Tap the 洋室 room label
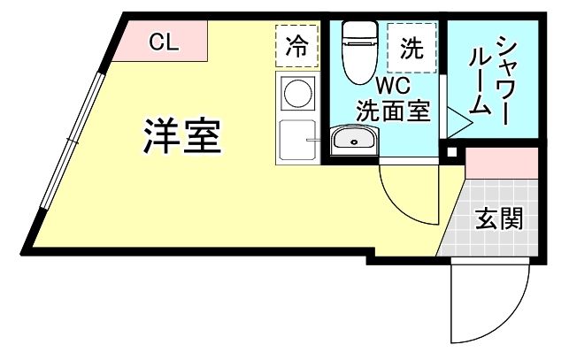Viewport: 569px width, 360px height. (183, 135)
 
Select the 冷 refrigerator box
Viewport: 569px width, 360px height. (296, 46)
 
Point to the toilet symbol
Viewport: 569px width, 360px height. (359, 46)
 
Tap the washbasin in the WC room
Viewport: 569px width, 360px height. (354, 140)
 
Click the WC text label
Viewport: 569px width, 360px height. (392, 88)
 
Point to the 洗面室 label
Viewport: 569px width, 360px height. (393, 111)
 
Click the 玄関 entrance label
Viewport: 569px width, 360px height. (498, 218)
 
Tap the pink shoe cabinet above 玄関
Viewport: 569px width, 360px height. (501, 163)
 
